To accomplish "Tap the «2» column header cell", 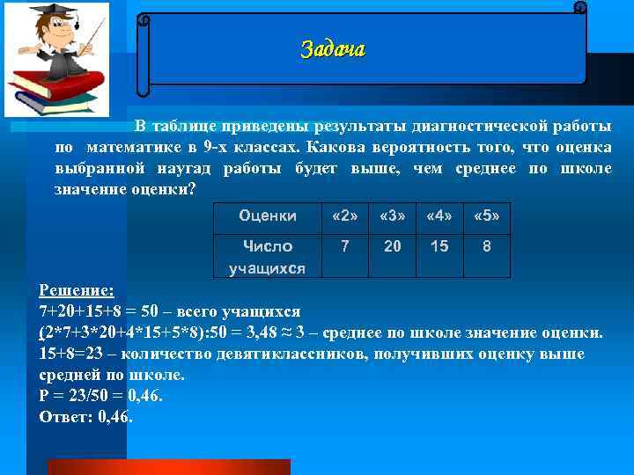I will click(345, 216).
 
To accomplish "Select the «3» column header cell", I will click(392, 216).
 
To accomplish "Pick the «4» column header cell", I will click(439, 216).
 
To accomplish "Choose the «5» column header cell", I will click(487, 216).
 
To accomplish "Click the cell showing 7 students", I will click(345, 247).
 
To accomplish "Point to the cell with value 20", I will click(392, 247).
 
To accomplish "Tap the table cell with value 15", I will click(439, 247).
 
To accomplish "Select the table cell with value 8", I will click(487, 247).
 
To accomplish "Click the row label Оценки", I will click(268, 216).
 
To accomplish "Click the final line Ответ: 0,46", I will click(86, 417).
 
